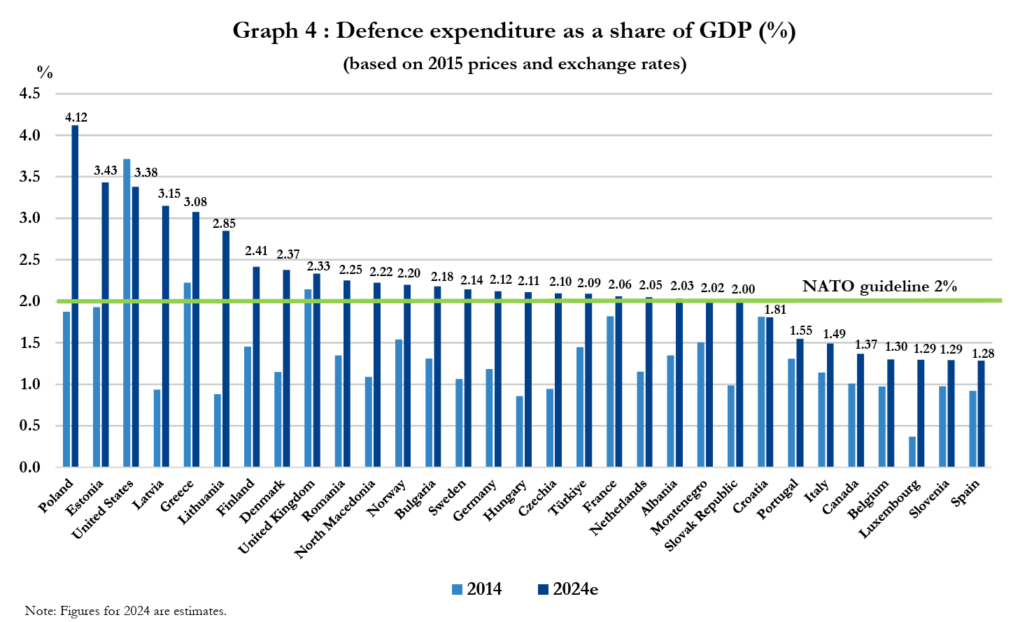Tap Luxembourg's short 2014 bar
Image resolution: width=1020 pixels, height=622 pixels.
coord(912,451)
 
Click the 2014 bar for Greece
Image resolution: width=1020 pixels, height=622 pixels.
coord(187,375)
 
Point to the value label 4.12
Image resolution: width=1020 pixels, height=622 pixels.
coord(76,117)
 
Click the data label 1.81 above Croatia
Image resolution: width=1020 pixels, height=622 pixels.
coord(775,310)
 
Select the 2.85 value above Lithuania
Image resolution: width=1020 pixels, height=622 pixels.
coord(225,224)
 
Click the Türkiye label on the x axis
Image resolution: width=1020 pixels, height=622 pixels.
coord(567,497)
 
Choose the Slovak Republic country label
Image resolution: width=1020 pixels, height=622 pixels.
coord(701,515)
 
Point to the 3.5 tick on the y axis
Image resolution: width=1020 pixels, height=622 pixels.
coord(29,177)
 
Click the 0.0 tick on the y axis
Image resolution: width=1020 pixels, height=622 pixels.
coord(29,467)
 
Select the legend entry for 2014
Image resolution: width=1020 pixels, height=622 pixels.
coord(477,589)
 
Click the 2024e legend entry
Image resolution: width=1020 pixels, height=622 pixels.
coord(567,589)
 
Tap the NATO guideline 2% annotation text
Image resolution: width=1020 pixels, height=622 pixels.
coord(879,286)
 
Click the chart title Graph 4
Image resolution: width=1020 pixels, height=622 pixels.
coord(513,31)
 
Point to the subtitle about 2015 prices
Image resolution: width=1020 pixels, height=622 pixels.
coord(514,64)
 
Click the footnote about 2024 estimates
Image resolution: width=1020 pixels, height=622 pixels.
coord(126,611)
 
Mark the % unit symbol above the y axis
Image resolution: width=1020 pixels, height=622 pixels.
coord(45,72)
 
